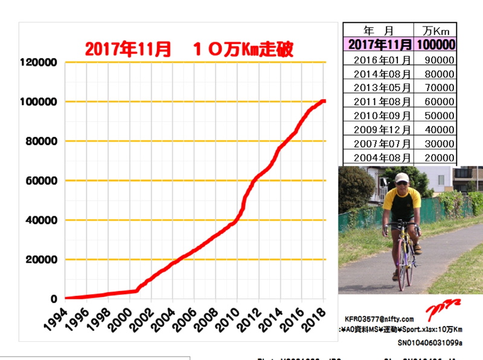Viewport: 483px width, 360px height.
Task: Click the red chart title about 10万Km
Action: pyautogui.click(x=189, y=50)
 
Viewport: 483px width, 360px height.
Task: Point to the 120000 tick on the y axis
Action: pyautogui.click(x=38, y=62)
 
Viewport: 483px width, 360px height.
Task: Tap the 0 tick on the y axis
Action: pyautogui.click(x=54, y=299)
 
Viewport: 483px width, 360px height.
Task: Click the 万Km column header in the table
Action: pyautogui.click(x=435, y=30)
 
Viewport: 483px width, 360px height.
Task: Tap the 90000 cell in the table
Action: pyautogui.click(x=440, y=60)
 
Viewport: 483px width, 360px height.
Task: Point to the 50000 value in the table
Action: pyautogui.click(x=440, y=115)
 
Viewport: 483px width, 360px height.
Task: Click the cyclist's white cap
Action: pyautogui.click(x=401, y=178)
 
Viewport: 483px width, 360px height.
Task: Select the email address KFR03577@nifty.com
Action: pyautogui.click(x=379, y=319)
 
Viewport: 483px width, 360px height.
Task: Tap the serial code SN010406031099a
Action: pyautogui.click(x=429, y=342)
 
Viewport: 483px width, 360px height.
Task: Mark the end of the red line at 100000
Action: pyautogui.click(x=324, y=101)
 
